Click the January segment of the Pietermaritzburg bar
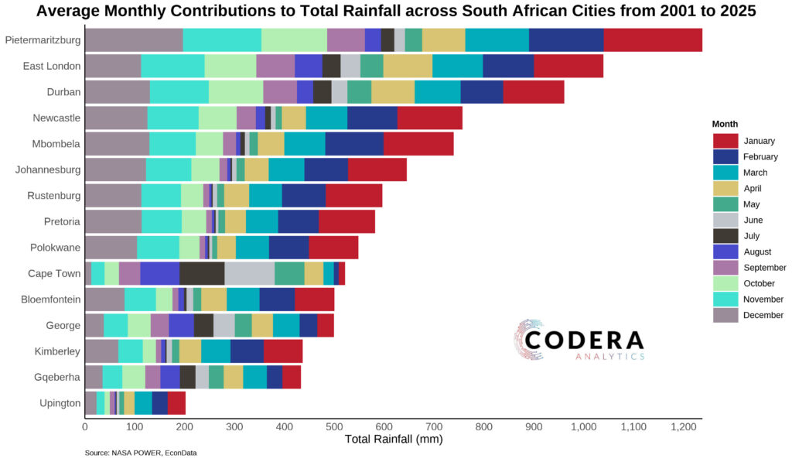[653, 40]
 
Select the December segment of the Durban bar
[117, 92]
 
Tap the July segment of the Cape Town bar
[202, 274]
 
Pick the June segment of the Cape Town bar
[249, 274]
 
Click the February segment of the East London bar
[508, 67]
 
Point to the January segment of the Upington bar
[176, 403]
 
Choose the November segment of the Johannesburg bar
[169, 170]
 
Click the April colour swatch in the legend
[725, 188]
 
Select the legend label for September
[765, 268]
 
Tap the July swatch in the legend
[725, 236]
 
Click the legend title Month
[725, 124]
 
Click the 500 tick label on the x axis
[334, 426]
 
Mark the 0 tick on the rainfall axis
[85, 426]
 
